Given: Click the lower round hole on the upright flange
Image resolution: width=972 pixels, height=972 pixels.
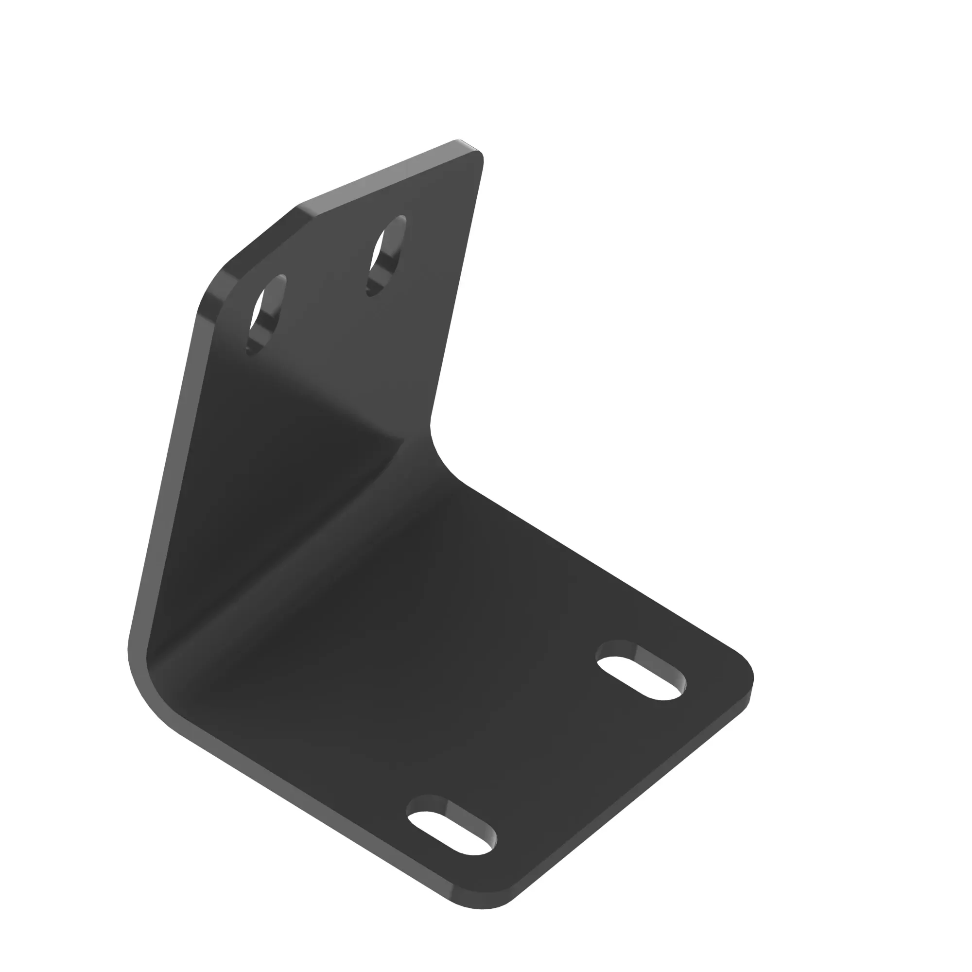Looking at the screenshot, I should (265, 313).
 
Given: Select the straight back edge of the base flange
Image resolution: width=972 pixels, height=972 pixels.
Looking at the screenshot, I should (604, 569).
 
